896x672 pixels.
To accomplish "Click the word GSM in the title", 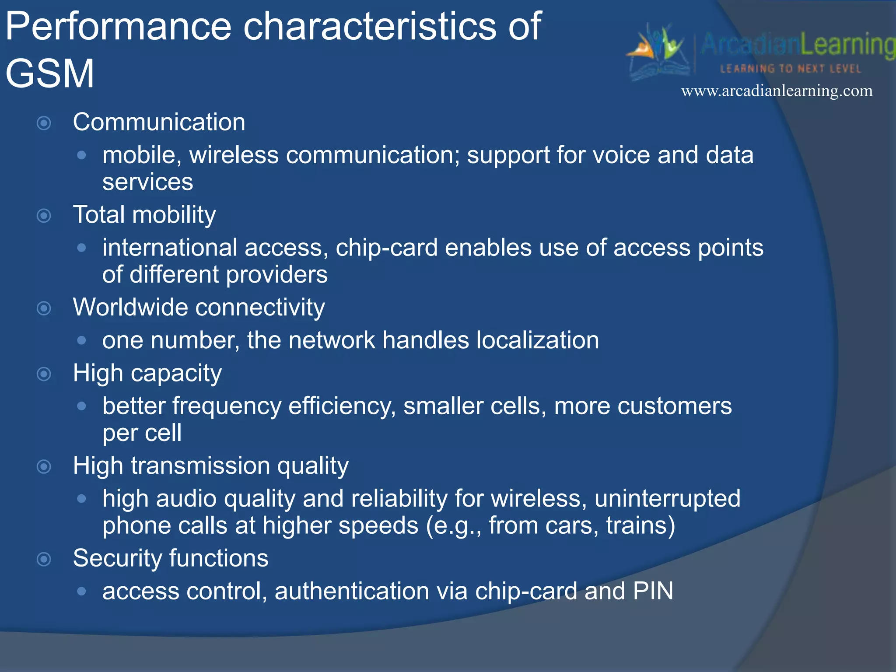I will tap(49, 73).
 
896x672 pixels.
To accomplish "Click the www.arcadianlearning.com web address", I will tap(777, 91).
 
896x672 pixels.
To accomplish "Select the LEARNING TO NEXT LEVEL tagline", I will tap(790, 69).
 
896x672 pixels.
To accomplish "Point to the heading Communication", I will tap(159, 122).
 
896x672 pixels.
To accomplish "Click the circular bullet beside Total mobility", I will tap(44, 215).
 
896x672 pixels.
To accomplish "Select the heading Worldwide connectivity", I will tap(199, 307).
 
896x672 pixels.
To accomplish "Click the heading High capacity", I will tap(147, 373).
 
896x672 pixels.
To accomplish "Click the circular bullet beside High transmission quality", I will tap(44, 466).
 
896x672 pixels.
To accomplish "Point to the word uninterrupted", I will tap(667, 499).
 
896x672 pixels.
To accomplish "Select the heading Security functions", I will tap(170, 558).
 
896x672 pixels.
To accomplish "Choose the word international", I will tap(170, 248).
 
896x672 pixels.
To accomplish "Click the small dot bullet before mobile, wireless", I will tap(81, 155).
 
